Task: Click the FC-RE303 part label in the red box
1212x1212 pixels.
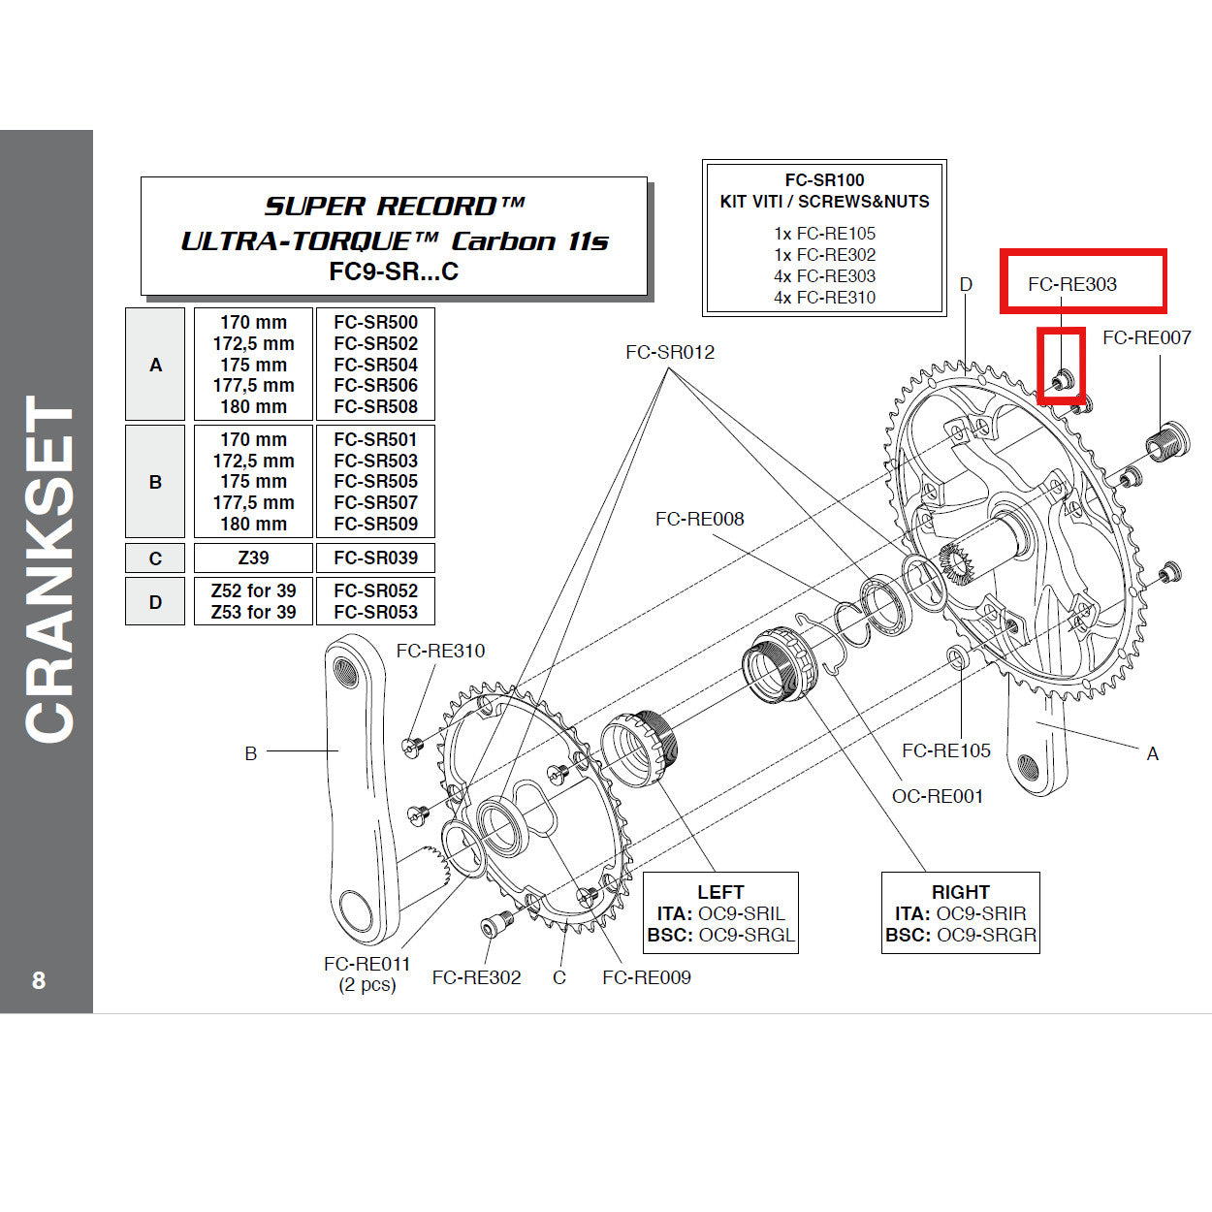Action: coord(1071,284)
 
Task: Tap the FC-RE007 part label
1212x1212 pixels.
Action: coord(1146,337)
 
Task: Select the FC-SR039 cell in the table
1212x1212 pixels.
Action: coord(375,558)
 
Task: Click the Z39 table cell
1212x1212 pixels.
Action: coord(253,558)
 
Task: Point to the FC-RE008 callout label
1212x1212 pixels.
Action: coord(699,519)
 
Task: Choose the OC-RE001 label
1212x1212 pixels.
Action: coord(937,796)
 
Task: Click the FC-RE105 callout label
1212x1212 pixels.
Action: coord(945,750)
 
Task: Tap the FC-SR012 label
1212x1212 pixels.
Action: coord(669,352)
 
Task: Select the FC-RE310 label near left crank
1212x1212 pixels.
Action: coord(440,651)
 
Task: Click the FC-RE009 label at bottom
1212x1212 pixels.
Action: coord(646,977)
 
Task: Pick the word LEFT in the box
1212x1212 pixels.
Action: coord(720,892)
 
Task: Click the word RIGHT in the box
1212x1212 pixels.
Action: coord(960,892)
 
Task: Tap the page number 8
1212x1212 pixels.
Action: coord(39,980)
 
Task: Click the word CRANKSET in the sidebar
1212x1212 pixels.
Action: coord(48,570)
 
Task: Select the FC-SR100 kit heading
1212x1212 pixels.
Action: coord(824,180)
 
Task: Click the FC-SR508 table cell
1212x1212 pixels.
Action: coord(375,406)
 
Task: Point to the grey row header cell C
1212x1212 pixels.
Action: coord(155,558)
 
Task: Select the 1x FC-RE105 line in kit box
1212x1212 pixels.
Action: coord(824,234)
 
